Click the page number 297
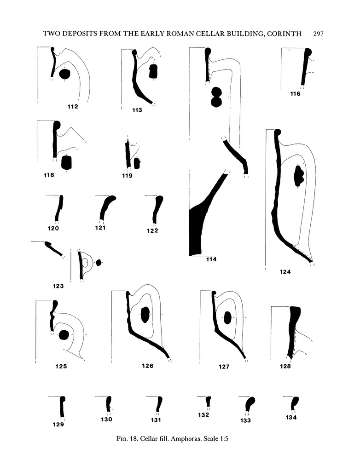319,34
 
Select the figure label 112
72,107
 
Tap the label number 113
137,110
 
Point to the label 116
295,94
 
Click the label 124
285,272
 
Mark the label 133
245,420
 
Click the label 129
58,425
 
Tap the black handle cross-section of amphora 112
64,74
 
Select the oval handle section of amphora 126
145,315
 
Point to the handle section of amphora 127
227,317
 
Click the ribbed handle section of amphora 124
298,175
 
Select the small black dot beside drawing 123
98,262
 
